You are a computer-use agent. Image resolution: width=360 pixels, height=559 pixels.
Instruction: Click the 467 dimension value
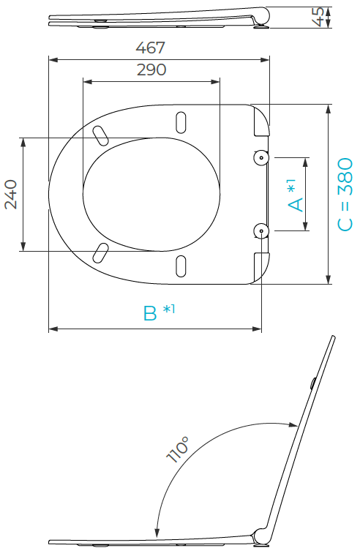[150, 48]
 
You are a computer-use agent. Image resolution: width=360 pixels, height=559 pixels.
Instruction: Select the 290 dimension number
[151, 70]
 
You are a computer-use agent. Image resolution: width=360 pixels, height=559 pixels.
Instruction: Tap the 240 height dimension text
[11, 195]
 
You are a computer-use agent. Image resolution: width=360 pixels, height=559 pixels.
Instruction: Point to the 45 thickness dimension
[318, 17]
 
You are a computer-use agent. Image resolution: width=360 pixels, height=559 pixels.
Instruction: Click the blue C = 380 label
[345, 195]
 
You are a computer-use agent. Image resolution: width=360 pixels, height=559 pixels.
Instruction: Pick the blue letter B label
[150, 313]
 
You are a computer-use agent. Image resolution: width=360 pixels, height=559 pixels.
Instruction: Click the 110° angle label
[177, 449]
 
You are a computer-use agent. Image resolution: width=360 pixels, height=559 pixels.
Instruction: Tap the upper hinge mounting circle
[261, 157]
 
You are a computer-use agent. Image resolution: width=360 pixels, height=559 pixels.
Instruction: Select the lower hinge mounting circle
[261, 231]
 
